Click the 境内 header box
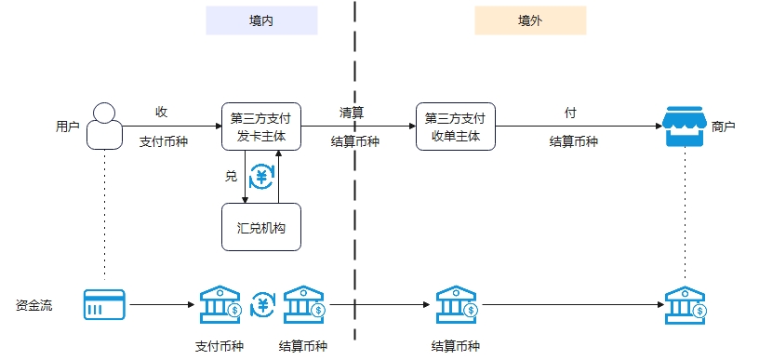click(261, 20)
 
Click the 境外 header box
click(530, 20)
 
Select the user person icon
click(105, 126)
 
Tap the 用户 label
click(67, 127)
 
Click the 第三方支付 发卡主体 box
click(261, 127)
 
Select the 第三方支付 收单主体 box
click(455, 127)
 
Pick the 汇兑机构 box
click(261, 227)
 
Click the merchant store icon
click(685, 127)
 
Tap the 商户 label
click(724, 127)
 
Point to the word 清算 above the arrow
click(352, 113)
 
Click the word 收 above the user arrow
click(162, 113)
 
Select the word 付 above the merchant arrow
click(570, 113)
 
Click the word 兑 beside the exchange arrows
click(231, 176)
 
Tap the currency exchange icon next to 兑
click(261, 176)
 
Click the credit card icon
click(104, 304)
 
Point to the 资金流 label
click(33, 304)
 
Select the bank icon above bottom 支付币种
click(220, 304)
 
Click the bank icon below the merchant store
click(686, 304)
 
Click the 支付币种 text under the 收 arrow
click(164, 142)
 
